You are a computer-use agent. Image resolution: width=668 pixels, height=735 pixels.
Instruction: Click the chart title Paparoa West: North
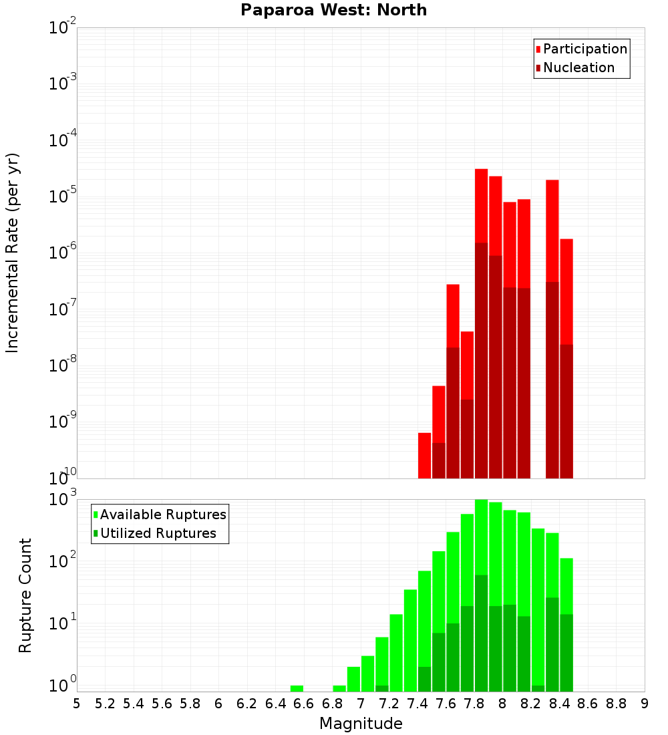(x=333, y=10)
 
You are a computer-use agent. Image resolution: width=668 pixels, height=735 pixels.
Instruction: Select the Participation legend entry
(x=584, y=49)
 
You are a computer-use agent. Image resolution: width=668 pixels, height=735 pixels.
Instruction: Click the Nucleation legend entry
(x=578, y=67)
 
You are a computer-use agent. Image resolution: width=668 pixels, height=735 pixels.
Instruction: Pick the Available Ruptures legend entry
(x=163, y=514)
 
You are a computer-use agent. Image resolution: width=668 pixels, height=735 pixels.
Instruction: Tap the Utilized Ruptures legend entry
(x=158, y=533)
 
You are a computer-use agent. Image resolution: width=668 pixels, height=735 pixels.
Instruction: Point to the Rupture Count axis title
(x=25, y=595)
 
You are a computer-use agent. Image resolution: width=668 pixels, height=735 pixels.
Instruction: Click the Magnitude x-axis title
(x=361, y=724)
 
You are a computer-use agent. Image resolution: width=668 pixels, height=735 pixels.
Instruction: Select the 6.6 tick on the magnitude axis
(x=303, y=704)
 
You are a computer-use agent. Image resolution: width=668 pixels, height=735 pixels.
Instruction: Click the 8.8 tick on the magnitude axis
(x=616, y=704)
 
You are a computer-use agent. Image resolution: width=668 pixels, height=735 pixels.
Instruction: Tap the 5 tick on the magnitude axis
(x=77, y=704)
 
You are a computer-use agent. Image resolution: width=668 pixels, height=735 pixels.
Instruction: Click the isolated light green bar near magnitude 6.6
(x=297, y=688)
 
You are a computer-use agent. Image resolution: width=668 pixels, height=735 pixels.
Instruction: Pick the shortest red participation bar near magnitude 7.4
(x=424, y=456)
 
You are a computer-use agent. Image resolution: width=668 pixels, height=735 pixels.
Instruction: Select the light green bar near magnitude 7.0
(x=367, y=674)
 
